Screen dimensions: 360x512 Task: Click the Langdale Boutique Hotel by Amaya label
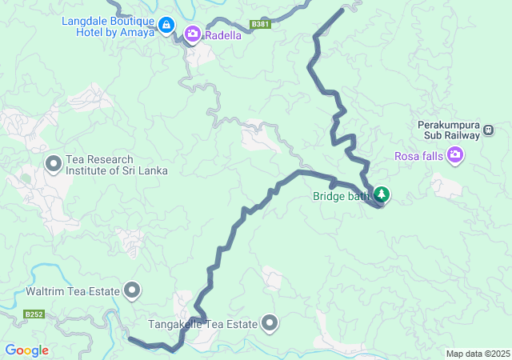click(107, 26)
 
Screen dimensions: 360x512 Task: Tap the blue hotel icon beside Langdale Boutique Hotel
click(166, 26)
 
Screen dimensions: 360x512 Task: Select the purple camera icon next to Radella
click(192, 34)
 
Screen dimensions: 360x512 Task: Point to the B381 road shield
click(260, 25)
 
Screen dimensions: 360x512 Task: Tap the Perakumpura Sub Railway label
click(448, 130)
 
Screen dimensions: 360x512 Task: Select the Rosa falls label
click(419, 155)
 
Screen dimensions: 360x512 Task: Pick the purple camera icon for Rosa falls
click(455, 154)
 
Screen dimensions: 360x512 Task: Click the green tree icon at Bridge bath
click(382, 194)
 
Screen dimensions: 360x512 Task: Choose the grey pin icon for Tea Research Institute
click(54, 165)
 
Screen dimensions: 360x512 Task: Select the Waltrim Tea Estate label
click(72, 291)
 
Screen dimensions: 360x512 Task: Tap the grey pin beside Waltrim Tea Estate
click(132, 290)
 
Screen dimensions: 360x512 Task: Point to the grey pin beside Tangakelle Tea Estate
click(270, 323)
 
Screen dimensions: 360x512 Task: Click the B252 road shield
click(34, 314)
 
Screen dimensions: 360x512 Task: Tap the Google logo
click(26, 350)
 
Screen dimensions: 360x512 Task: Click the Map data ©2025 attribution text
click(477, 354)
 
